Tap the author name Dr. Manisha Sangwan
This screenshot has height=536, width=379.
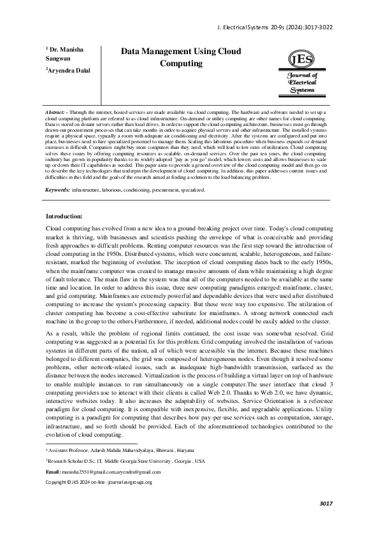64,54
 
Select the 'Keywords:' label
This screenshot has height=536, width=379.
57,173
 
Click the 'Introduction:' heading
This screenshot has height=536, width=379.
64,199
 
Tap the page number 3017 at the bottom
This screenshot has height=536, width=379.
326,504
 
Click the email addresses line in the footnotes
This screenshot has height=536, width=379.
104,472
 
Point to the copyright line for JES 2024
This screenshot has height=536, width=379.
99,482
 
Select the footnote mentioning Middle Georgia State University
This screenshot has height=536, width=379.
125,460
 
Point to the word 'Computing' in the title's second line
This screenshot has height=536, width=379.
181,64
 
